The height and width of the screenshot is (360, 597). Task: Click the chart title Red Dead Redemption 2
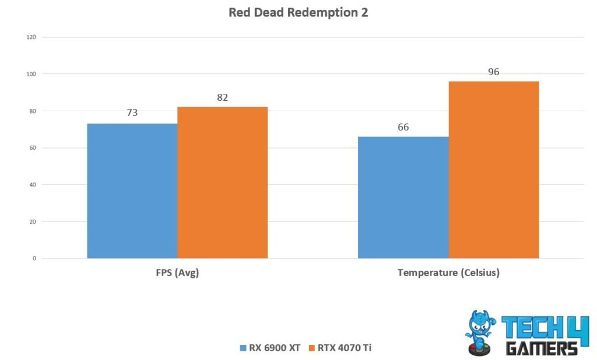click(x=298, y=12)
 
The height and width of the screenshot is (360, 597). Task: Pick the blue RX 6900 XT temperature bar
click(x=403, y=197)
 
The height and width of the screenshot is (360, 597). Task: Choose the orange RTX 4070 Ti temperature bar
click(x=494, y=170)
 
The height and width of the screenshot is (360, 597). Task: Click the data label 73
click(x=132, y=112)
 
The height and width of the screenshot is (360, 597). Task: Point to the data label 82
click(x=223, y=97)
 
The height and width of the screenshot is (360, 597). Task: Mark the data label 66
click(x=403, y=126)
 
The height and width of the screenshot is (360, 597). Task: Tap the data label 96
click(x=494, y=72)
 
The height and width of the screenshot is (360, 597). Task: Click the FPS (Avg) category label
click(x=177, y=273)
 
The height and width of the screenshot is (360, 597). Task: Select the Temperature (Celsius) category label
click(x=448, y=273)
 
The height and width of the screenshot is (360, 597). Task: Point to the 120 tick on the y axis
click(x=31, y=37)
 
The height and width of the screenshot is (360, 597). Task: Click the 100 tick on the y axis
click(x=31, y=74)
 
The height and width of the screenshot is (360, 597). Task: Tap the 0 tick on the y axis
click(x=33, y=259)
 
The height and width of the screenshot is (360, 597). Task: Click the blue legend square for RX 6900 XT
click(x=243, y=348)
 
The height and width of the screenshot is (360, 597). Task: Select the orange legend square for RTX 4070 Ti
click(x=311, y=348)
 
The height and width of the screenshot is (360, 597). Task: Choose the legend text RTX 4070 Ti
click(x=344, y=348)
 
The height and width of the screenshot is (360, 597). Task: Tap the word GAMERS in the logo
click(x=542, y=348)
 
